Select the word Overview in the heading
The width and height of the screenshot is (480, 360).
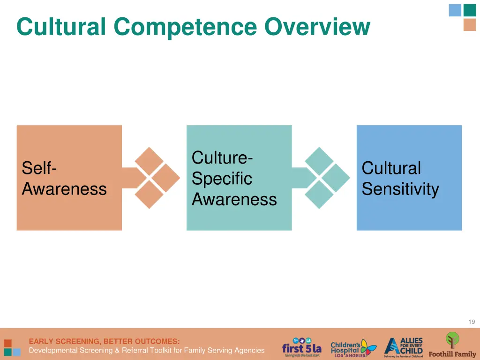(x=317, y=27)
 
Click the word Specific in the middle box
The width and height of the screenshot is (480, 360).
(x=222, y=179)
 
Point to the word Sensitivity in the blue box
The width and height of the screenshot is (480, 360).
(x=400, y=189)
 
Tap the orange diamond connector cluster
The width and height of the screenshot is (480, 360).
(x=157, y=178)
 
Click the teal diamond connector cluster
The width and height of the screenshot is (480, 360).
(x=327, y=178)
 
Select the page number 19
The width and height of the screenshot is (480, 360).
(x=472, y=322)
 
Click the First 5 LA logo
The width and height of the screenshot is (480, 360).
(x=301, y=347)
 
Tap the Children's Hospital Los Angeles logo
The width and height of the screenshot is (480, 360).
(x=352, y=348)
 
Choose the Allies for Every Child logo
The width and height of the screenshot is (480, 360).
(x=404, y=347)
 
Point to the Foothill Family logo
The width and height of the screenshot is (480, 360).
(x=452, y=345)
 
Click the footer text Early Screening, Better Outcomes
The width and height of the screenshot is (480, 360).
(x=104, y=341)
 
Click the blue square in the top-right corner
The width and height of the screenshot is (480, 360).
(x=455, y=10)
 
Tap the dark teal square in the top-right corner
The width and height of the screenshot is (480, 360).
(x=470, y=10)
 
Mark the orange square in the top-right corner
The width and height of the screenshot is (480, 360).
(x=470, y=25)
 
